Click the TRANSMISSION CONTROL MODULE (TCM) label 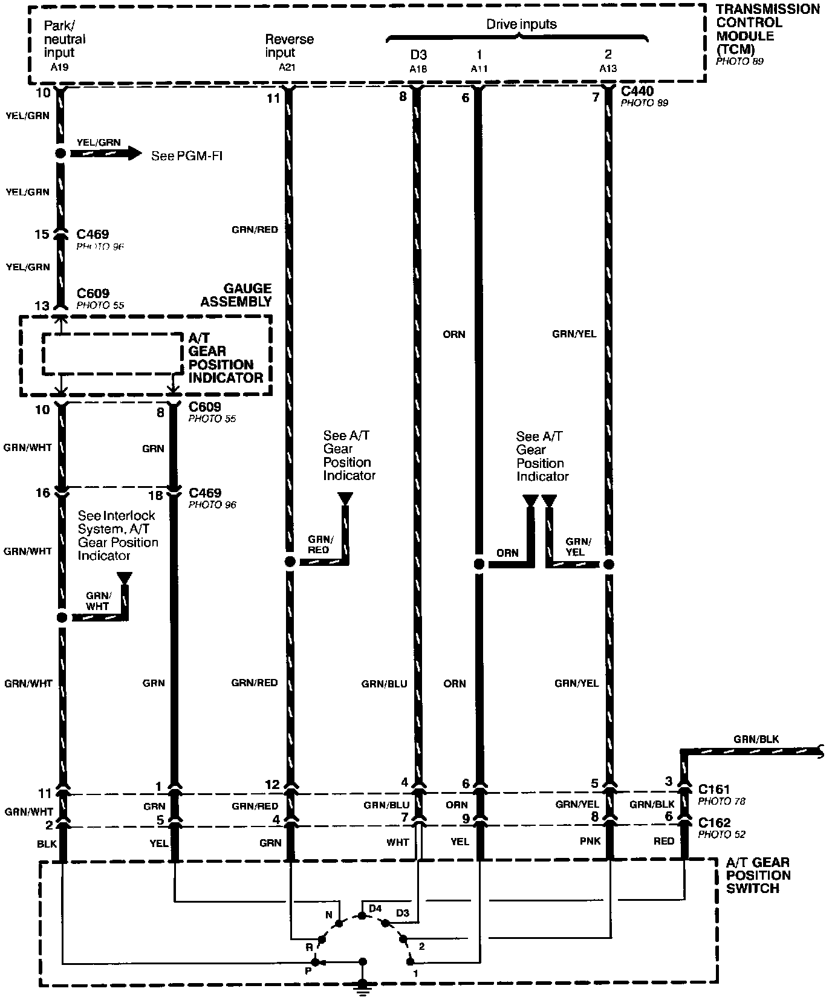[767, 29]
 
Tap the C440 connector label [637, 91]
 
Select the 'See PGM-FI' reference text [187, 156]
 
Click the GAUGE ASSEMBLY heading [236, 295]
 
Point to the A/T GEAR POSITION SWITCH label [758, 875]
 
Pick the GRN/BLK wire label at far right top [756, 739]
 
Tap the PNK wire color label [591, 841]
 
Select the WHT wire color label [398, 842]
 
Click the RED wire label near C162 [663, 841]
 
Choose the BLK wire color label [47, 843]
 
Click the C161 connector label [714, 789]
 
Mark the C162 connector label [714, 822]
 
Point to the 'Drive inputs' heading [521, 24]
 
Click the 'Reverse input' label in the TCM [289, 46]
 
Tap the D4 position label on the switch [375, 908]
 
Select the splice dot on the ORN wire [479, 564]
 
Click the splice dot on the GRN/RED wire [290, 562]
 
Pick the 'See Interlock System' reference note [117, 535]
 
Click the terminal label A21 [287, 67]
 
